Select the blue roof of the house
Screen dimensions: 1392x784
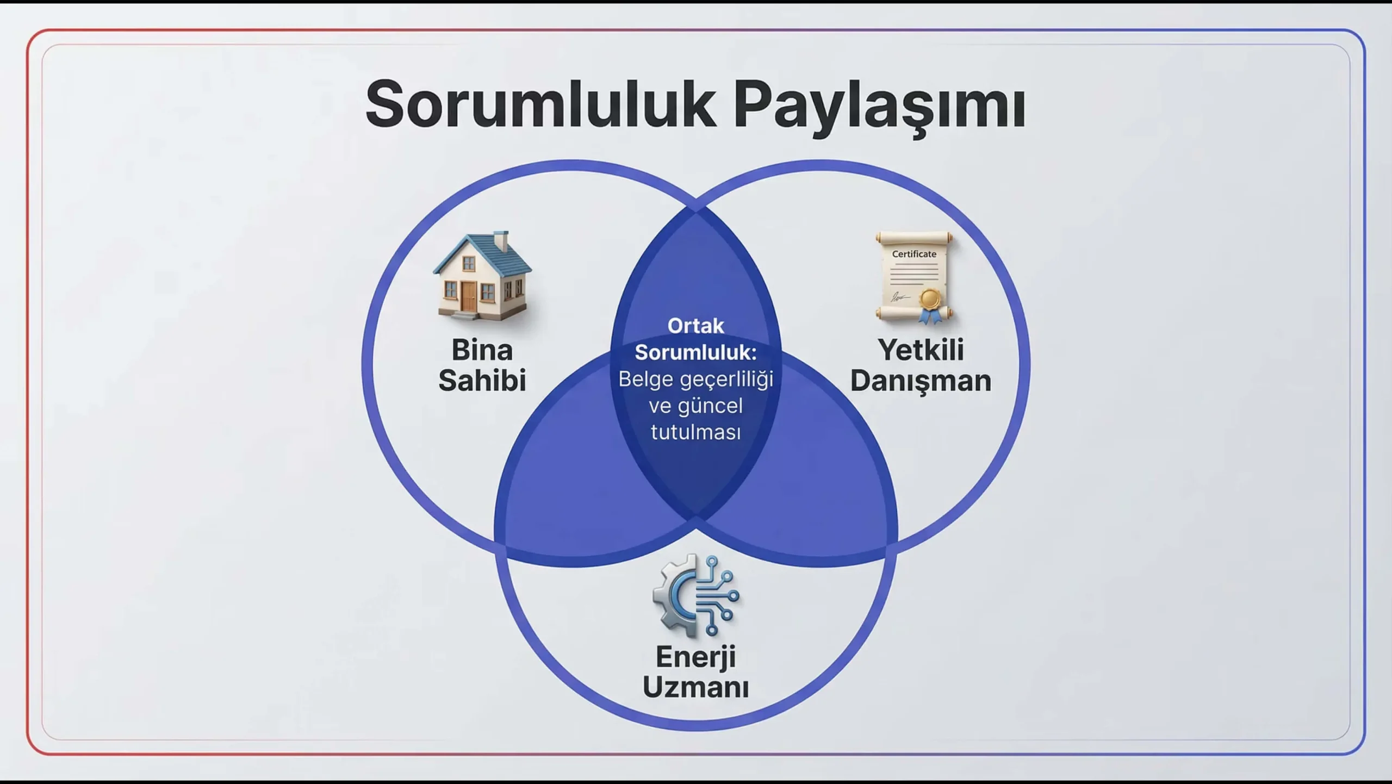pos(482,256)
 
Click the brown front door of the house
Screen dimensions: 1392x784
pos(469,296)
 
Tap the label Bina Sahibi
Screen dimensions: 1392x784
pos(482,365)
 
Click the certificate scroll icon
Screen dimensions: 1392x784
pos(914,277)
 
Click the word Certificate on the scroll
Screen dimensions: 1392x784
pos(914,254)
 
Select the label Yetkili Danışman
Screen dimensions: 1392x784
pos(921,365)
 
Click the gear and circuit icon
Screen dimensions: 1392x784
pos(696,596)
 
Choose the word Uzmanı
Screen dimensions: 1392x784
pos(695,687)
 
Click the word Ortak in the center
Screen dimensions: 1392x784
pos(695,326)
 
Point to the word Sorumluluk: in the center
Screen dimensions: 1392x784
pos(695,352)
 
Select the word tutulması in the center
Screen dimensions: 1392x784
pos(695,432)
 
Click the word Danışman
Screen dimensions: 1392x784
pos(921,381)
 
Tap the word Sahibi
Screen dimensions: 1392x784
pos(482,379)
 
